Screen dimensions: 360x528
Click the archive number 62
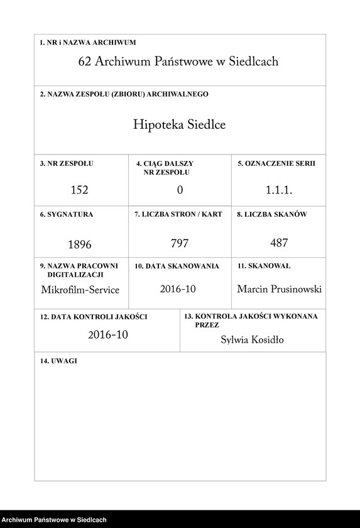click(85, 62)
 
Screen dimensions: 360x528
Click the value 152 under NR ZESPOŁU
click(80, 189)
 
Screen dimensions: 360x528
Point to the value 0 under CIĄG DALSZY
click(180, 189)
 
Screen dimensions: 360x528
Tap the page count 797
click(180, 243)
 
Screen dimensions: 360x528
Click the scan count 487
click(279, 243)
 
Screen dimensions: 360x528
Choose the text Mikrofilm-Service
click(80, 290)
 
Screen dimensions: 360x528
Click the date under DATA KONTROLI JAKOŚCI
click(108, 335)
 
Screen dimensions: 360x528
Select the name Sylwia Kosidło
click(253, 340)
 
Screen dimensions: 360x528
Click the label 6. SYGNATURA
click(67, 215)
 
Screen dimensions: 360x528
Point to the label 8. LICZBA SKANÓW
click(271, 215)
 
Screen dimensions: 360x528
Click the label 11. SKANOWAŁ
click(264, 267)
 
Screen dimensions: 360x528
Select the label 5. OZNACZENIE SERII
click(276, 163)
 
